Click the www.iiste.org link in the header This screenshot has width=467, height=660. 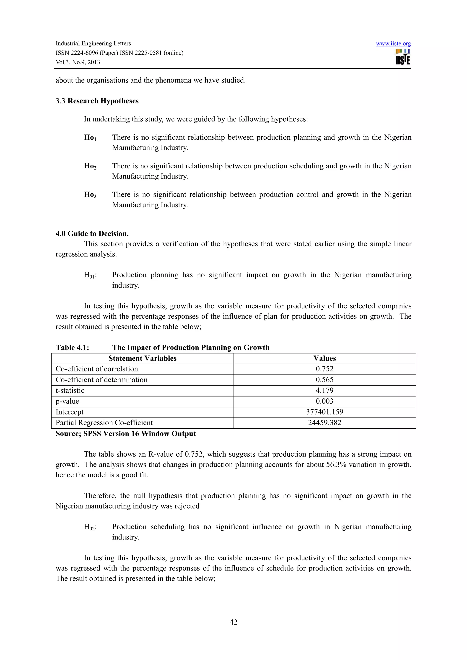pos(393,43)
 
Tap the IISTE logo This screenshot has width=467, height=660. pos(402,57)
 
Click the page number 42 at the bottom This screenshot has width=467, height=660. pos(233,622)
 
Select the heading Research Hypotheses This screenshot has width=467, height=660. pos(103,101)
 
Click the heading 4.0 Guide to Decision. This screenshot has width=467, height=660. pos(92,233)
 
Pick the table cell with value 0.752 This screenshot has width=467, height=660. pos(324,369)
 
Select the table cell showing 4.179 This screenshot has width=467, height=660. pos(324,390)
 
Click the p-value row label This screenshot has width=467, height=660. pos(67,401)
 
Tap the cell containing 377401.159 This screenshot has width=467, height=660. pos(324,412)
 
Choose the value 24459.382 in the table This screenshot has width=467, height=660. pos(324,422)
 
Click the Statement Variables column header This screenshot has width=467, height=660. pos(143,358)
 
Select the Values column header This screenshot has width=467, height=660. pos(324,358)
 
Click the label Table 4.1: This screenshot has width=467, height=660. pos(73,348)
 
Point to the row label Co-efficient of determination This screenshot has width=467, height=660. pos(101,380)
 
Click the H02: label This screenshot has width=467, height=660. pos(90,527)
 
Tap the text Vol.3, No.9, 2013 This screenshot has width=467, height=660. pos(78,62)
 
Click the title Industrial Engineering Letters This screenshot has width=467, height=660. pos(93,43)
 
